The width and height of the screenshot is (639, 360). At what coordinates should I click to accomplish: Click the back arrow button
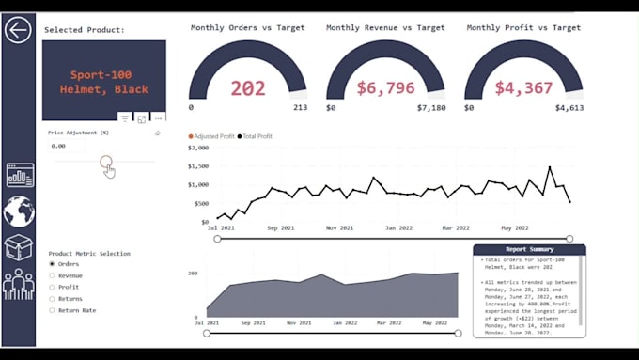18,31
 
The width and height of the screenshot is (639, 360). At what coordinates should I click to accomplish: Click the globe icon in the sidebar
19,211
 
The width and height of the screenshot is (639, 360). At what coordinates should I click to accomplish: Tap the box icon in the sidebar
19,247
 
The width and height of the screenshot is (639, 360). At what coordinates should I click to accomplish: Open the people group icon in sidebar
19,285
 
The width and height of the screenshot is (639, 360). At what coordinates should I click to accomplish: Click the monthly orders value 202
248,88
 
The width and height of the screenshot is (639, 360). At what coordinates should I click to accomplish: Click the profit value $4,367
523,88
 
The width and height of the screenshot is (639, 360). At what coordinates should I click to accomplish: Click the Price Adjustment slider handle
106,162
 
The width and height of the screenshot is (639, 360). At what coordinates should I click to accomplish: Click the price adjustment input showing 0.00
65,146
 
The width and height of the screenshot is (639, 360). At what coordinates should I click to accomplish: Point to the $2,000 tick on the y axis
197,149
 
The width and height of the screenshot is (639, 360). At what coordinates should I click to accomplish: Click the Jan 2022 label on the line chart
398,228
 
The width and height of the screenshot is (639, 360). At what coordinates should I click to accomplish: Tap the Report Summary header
529,250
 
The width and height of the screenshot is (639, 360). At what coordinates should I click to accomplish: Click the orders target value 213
300,108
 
